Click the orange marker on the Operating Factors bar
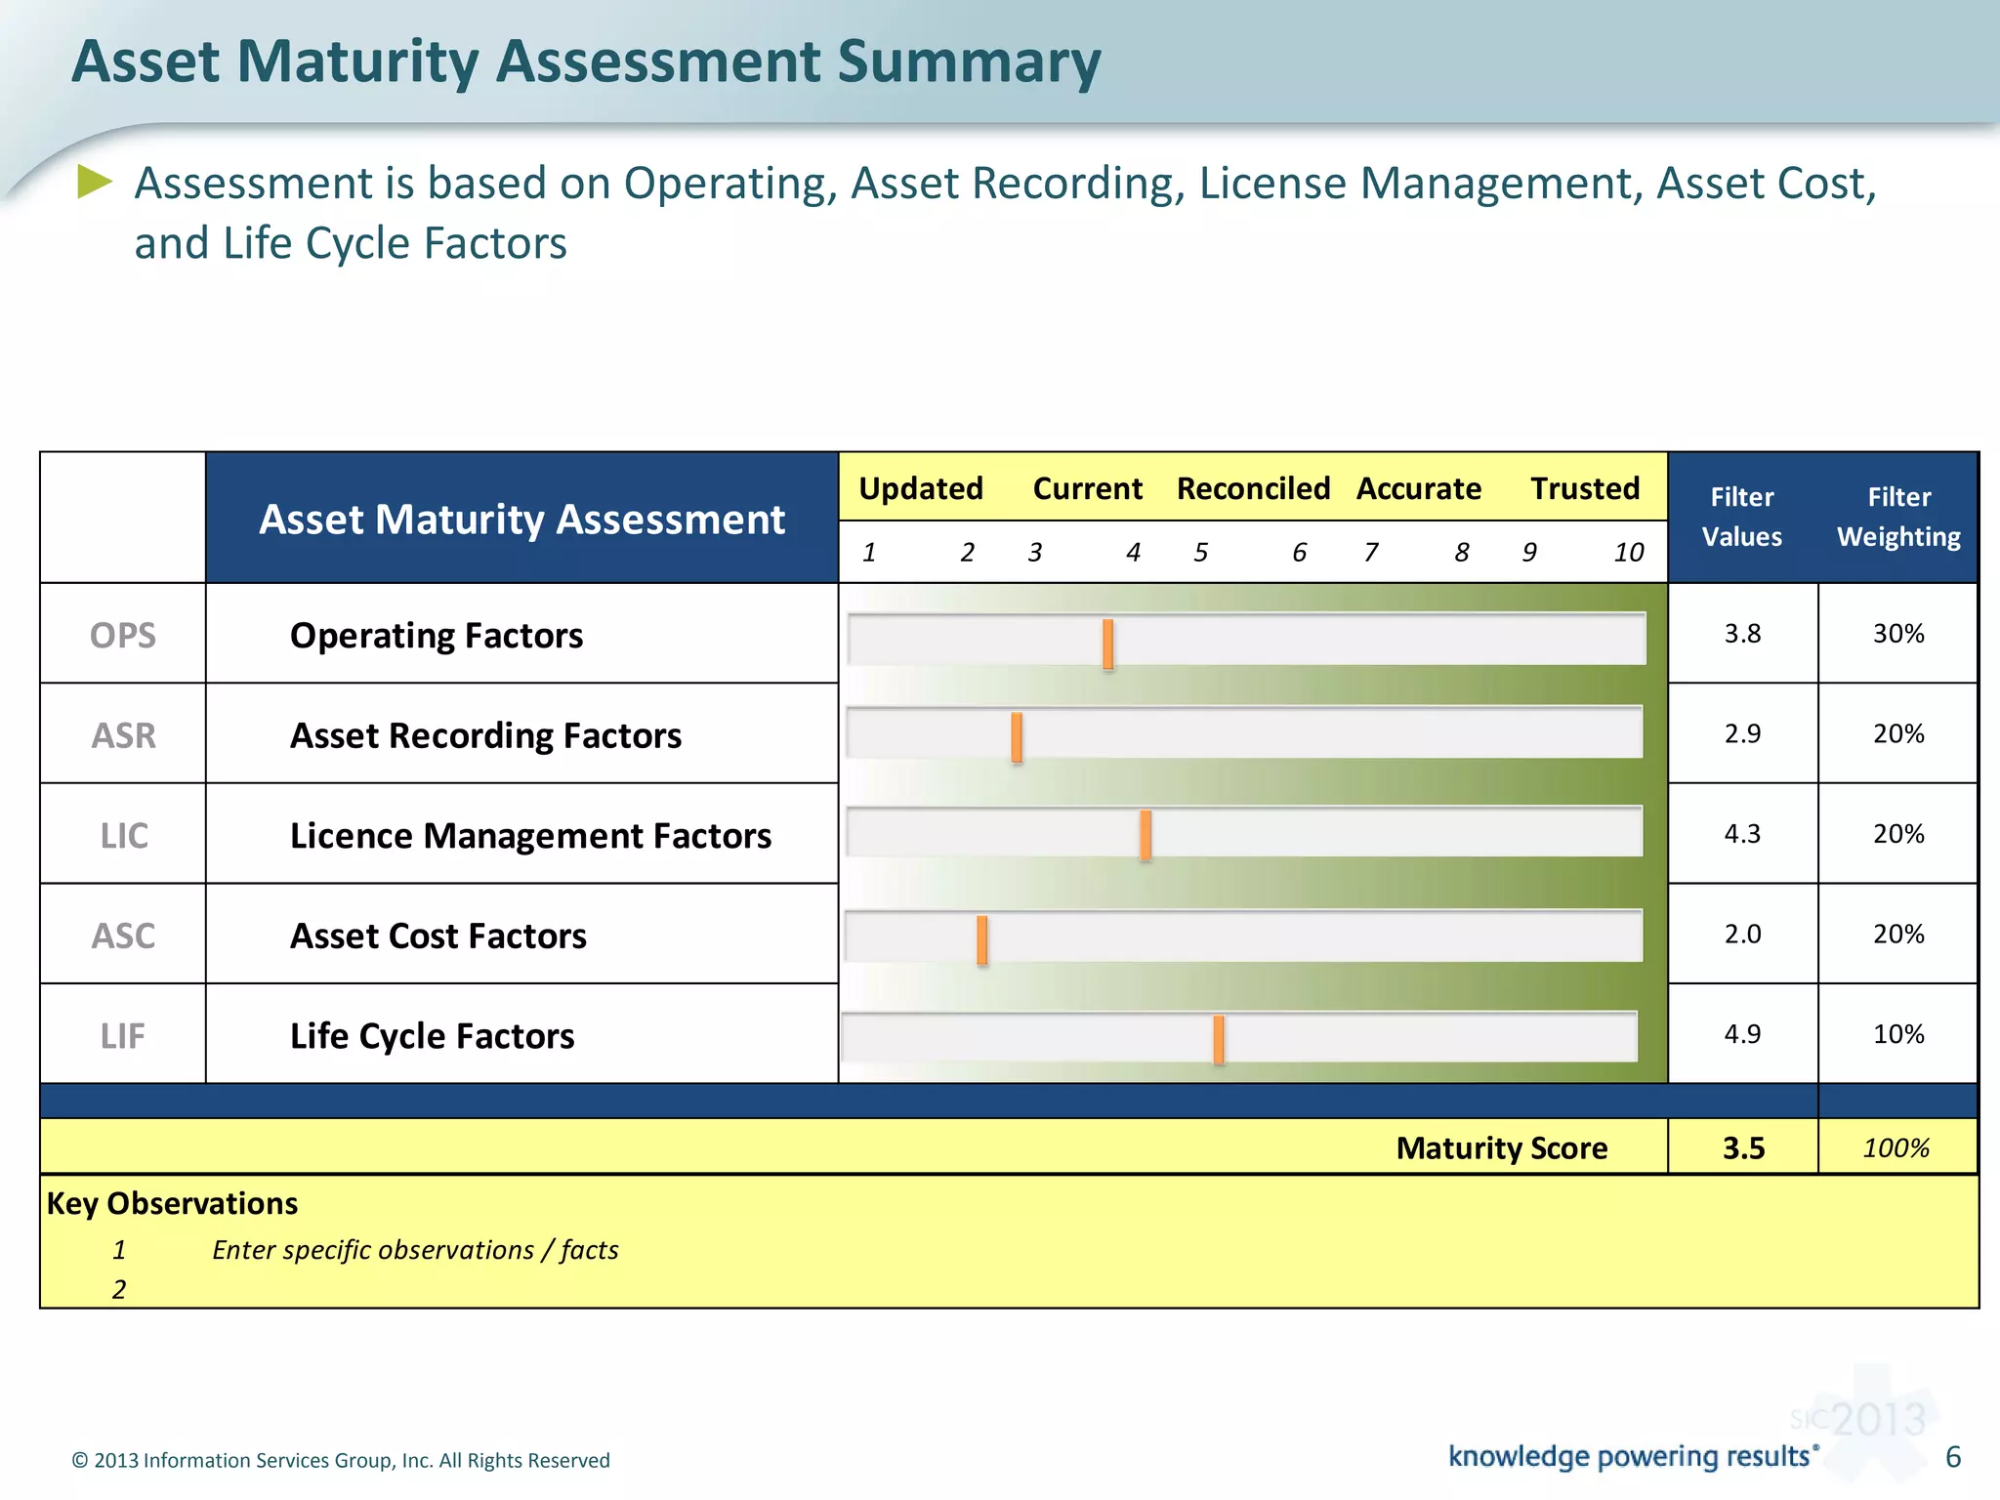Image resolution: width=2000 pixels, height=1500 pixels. (1107, 644)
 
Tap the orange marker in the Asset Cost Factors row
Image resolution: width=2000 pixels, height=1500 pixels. (981, 940)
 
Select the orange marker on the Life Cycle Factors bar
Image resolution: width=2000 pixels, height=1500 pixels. (1218, 1039)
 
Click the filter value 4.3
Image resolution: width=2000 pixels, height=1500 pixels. (1742, 834)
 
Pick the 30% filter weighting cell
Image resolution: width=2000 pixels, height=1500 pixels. (1897, 634)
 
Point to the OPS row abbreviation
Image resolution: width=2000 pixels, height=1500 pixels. (123, 636)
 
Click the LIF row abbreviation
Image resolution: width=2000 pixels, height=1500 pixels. (123, 1036)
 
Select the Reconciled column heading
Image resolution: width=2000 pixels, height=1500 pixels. (1253, 488)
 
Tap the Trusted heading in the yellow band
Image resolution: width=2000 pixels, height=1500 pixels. (1584, 488)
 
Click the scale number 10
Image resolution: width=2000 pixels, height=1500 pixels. (1628, 553)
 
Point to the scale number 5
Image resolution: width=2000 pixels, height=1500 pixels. (1200, 553)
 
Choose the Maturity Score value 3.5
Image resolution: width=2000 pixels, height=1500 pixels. (1743, 1148)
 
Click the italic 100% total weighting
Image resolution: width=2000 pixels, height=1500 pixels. (1896, 1148)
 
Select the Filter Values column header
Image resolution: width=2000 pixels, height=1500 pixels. (1741, 517)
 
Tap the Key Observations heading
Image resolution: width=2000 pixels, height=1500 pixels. (172, 1203)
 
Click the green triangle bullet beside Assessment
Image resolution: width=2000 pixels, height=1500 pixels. (95, 182)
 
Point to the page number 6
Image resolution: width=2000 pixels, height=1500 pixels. (1952, 1457)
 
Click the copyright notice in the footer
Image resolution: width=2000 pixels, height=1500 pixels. (341, 1460)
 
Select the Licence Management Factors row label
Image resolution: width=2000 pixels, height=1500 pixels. (530, 836)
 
